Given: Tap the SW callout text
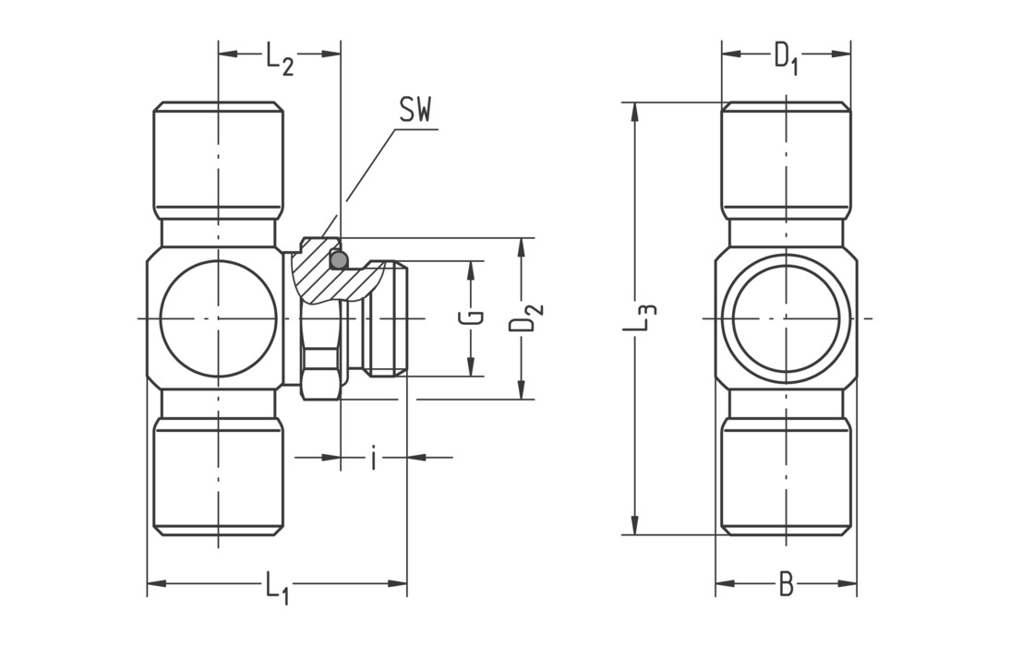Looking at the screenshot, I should pos(415,112).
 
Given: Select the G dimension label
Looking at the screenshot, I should pos(470,318).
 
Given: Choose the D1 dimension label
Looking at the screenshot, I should pos(786,58).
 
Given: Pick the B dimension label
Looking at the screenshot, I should pos(786,583).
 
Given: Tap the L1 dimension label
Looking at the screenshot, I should pos(277,587).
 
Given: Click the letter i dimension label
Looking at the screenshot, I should pos(373,458).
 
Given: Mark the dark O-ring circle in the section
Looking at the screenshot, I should pos(339,260).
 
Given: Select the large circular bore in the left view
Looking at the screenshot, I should pos(219,318).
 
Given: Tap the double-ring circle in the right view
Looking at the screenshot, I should pos(786,318).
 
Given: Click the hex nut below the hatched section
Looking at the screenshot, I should pos(320,374).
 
